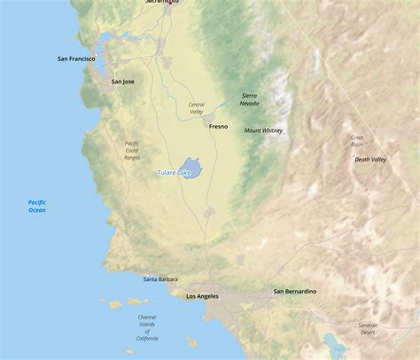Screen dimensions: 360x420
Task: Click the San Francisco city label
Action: (76, 59)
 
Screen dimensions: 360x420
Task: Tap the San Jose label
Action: (123, 82)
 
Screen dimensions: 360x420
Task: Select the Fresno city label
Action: (218, 127)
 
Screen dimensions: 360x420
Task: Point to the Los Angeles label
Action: (202, 296)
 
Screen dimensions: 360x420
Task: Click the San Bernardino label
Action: (294, 292)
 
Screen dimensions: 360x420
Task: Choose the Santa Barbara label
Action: (160, 279)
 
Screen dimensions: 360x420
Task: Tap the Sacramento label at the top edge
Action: (162, 3)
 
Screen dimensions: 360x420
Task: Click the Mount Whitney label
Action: (264, 130)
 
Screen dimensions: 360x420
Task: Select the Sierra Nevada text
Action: (250, 99)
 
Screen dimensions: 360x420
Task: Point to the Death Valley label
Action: (370, 160)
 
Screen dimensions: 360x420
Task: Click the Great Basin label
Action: (357, 141)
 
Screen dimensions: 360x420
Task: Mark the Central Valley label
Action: (196, 108)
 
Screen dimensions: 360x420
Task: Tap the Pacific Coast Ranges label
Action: (132, 151)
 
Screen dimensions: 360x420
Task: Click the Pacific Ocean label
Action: (36, 207)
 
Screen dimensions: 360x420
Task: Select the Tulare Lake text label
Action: (174, 172)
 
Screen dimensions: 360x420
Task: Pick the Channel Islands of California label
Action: (147, 327)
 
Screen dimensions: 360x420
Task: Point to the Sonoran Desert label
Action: (367, 329)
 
